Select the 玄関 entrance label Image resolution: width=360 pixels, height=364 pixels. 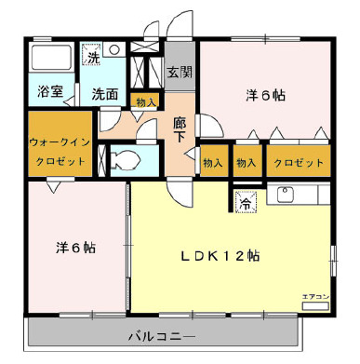[x=179, y=71]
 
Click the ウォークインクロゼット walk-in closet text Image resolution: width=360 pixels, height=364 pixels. [x=59, y=153]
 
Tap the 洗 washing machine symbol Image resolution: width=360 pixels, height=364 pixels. [x=93, y=58]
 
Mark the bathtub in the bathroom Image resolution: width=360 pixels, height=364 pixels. [x=49, y=58]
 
